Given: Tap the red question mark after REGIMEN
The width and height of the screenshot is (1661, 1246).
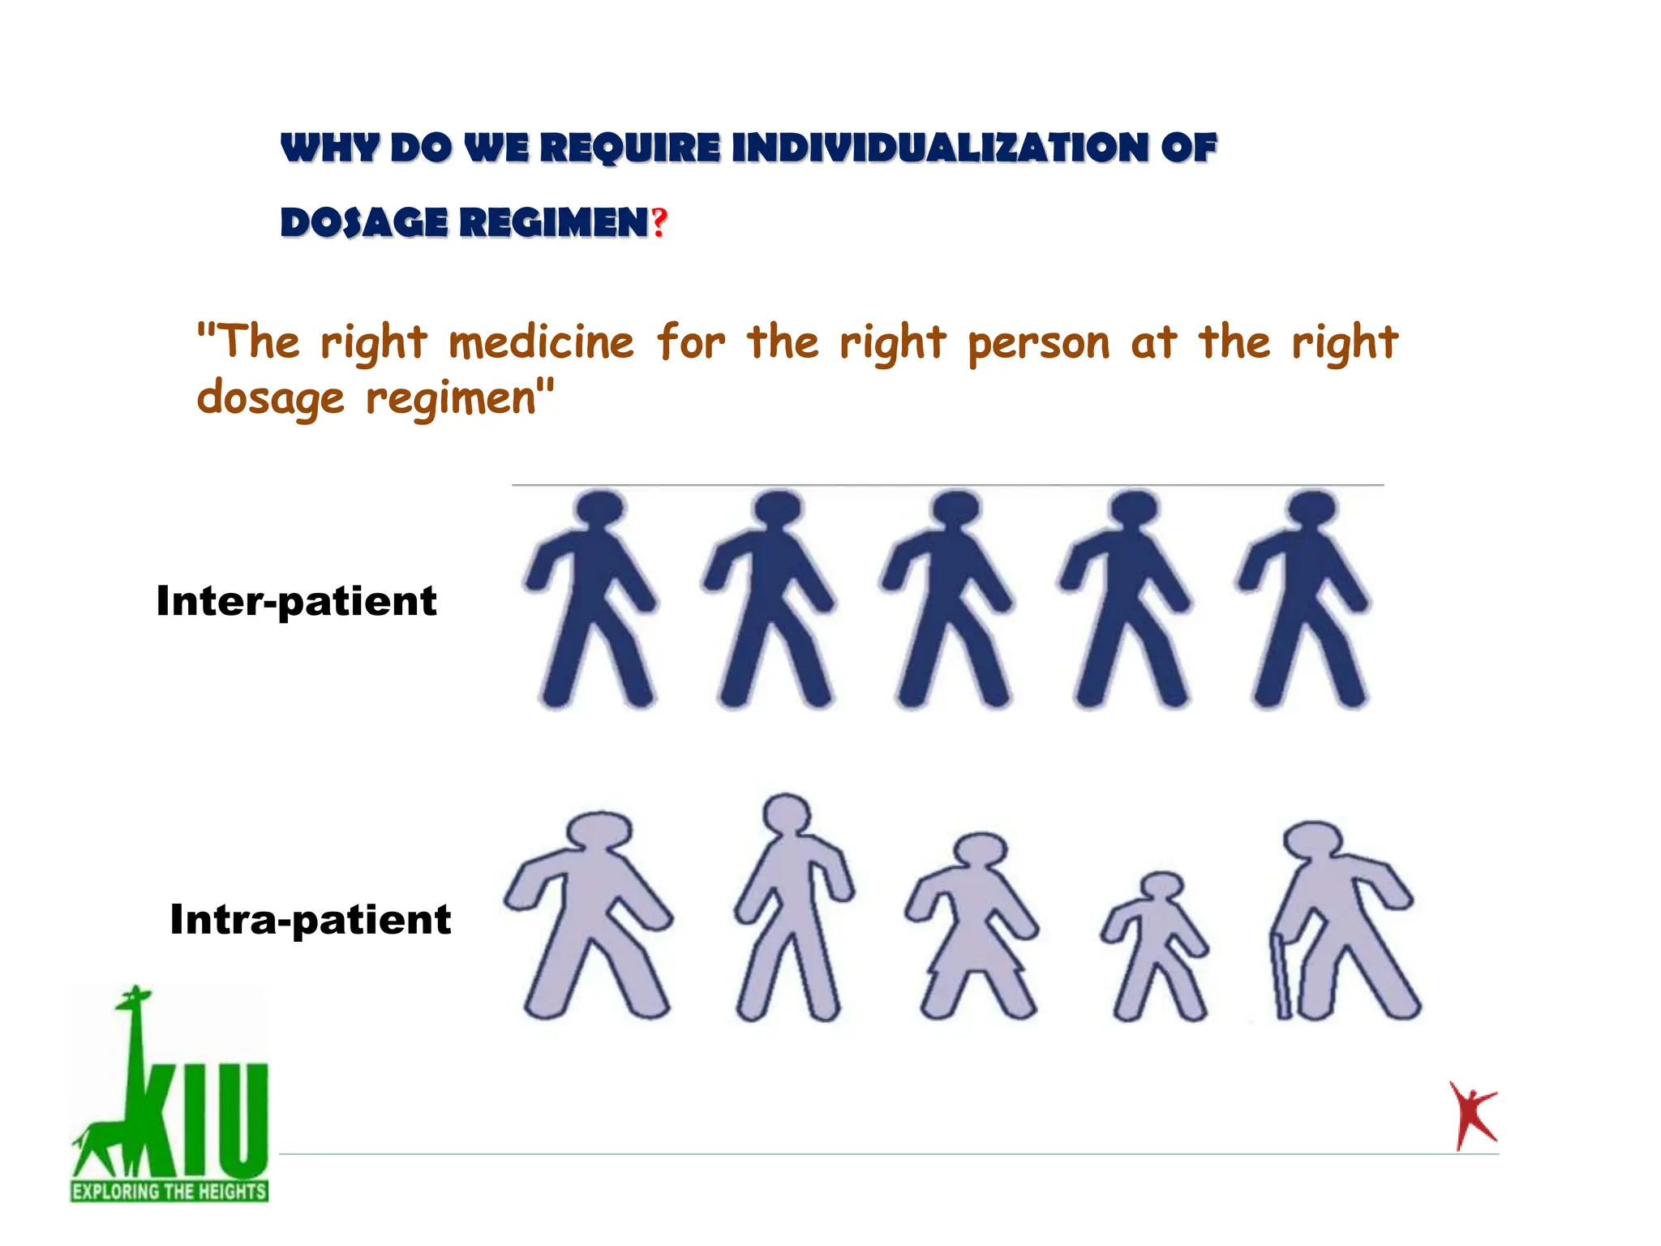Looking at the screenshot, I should coord(659,222).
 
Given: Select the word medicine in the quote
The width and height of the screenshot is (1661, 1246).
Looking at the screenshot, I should coord(541,342).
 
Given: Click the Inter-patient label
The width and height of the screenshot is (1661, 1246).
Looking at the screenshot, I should coord(296,602).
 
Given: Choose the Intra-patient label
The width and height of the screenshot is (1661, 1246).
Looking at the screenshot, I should coord(310,920).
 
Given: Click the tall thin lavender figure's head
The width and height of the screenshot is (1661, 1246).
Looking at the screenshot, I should coord(786,813).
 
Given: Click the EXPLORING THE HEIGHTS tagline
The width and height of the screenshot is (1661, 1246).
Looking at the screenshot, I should coord(169,1191).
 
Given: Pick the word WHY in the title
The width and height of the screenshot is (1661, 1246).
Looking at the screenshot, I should coord(329,148).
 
